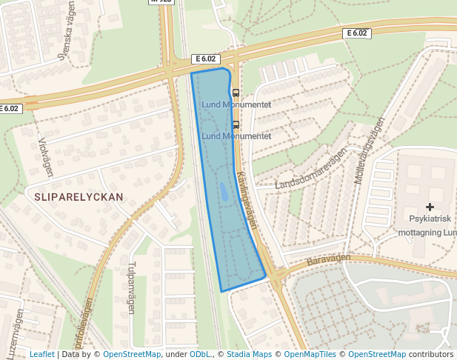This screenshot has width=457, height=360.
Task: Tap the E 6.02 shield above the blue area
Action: (x=205, y=59)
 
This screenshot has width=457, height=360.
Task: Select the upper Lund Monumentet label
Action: (x=236, y=104)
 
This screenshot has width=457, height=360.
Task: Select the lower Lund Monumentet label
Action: (x=236, y=136)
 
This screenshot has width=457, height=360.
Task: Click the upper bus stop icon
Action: (x=236, y=93)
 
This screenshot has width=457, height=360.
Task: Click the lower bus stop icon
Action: (x=236, y=125)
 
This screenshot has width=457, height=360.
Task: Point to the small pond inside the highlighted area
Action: (x=223, y=193)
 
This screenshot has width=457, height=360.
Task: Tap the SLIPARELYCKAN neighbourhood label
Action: (x=78, y=197)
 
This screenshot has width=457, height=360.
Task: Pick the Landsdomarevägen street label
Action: (x=311, y=169)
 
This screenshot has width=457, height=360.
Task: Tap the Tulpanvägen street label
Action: (x=131, y=287)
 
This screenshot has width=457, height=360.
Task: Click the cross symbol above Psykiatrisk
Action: (x=430, y=207)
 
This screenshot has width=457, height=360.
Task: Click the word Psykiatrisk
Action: (x=430, y=219)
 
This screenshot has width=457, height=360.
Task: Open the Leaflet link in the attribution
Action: (x=41, y=354)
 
